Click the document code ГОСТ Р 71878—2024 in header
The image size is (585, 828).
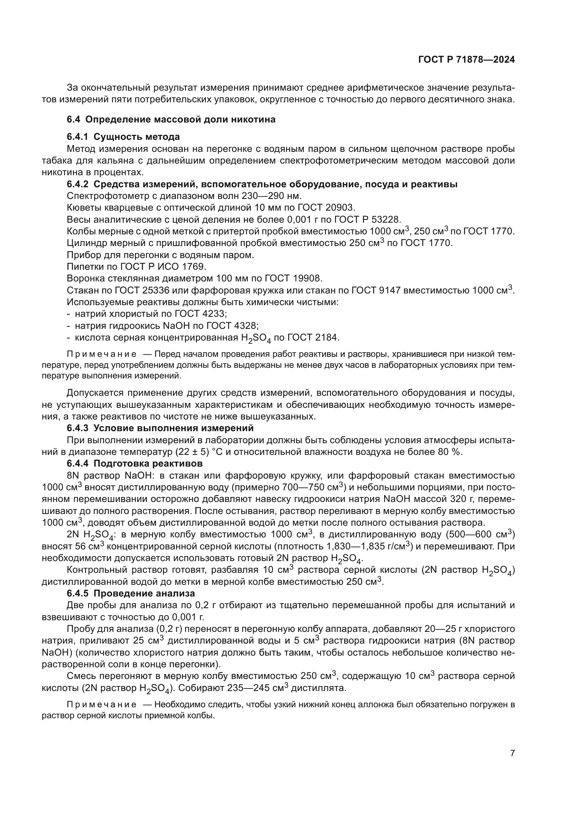[x=466, y=60]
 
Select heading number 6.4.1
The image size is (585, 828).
[x=77, y=137]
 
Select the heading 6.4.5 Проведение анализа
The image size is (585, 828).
[x=131, y=594]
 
